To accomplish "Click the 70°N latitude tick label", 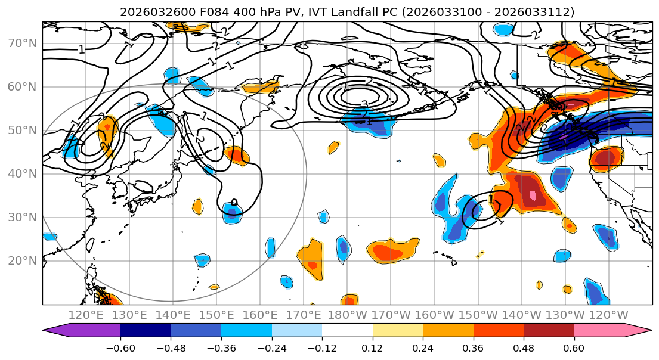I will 21,44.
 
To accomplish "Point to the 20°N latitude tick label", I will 21,261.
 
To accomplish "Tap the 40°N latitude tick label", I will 21,174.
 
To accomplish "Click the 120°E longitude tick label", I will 86,315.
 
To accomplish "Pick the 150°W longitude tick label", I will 478,315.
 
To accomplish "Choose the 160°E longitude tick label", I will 261,315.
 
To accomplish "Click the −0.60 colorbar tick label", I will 120,347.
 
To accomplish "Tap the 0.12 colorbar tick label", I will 372,347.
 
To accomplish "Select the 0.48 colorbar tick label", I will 524,347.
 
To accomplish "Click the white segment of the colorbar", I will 347,331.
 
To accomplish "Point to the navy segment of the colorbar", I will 146,331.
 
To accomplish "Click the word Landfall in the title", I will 364,12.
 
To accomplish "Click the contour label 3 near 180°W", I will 364,104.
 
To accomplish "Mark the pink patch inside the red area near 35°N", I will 533,195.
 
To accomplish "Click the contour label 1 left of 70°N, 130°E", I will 82,50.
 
